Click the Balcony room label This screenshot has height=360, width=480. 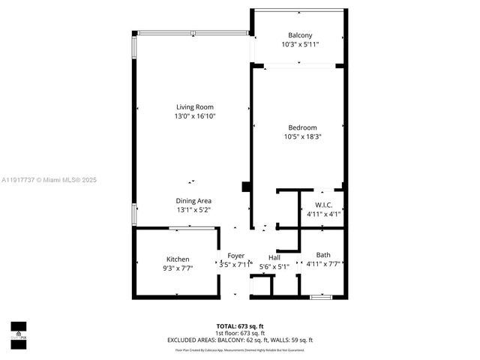click(300, 35)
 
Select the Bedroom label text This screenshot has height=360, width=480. click(300, 127)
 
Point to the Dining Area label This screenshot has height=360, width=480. click(193, 200)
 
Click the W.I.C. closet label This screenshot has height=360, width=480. click(324, 205)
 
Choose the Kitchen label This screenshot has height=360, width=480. click(167, 259)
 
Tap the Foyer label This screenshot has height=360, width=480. click(236, 256)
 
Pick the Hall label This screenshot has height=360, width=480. click(274, 256)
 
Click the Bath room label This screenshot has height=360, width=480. click(323, 254)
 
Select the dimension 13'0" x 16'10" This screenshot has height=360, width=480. click(195, 116)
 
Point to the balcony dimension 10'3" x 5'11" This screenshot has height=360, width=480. click(300, 45)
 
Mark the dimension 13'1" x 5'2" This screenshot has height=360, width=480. click(193, 210)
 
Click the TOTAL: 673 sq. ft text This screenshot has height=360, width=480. click(240, 325)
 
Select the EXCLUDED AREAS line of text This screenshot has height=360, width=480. click(240, 340)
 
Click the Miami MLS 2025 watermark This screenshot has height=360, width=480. click(49, 180)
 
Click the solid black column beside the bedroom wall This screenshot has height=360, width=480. click(246, 187)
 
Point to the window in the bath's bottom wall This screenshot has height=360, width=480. click(321, 298)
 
